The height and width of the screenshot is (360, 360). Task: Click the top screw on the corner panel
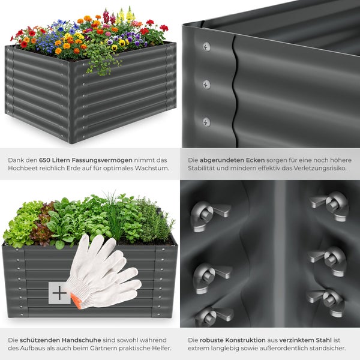click(206, 47)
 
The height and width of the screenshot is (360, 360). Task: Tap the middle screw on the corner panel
click(206, 85)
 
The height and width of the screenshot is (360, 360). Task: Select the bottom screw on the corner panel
click(206, 122)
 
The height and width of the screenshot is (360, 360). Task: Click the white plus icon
click(59, 293)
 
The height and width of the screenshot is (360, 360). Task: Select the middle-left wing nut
click(208, 276)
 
